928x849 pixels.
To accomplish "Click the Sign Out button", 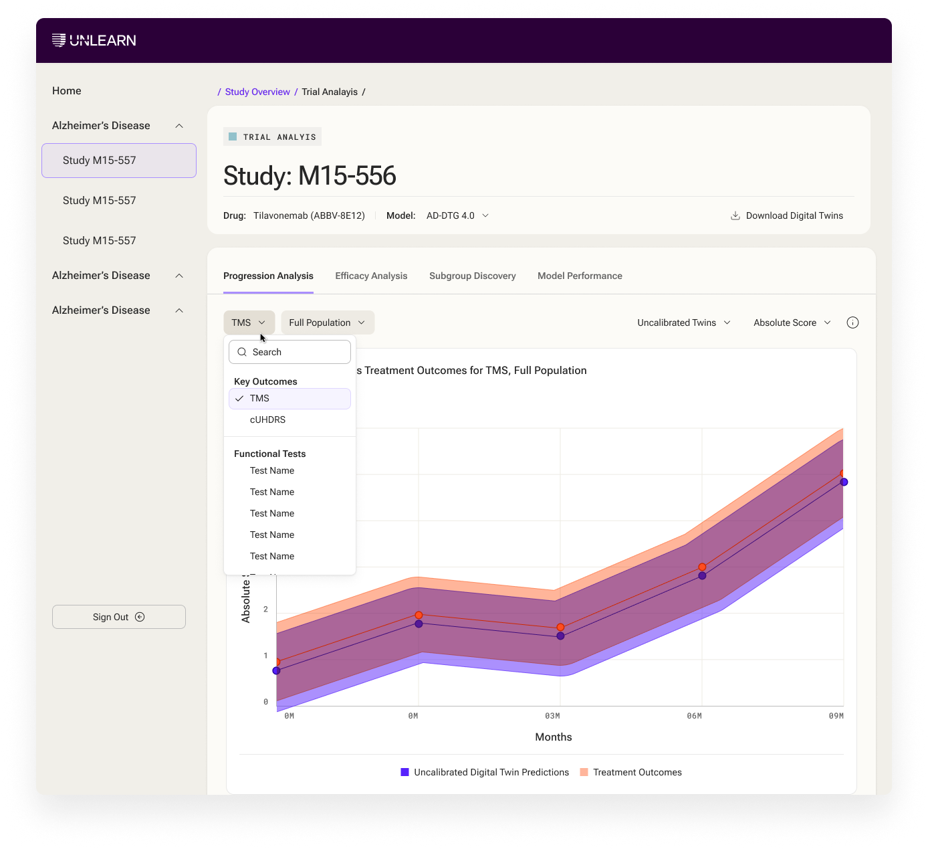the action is coord(118,617).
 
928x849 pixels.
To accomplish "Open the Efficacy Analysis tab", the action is coord(371,276).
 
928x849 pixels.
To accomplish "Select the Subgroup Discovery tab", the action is coord(472,276).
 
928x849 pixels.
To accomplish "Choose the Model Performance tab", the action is coord(580,276).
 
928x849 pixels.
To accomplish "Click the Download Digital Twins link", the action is coord(786,215).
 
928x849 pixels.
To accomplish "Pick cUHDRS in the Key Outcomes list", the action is coord(267,420).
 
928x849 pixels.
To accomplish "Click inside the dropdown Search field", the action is coord(289,352).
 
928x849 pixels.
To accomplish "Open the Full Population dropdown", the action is coord(328,322).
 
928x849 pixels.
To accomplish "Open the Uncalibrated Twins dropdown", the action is coord(684,322).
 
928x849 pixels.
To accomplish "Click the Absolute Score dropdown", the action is coord(792,322).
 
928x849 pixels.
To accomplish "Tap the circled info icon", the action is coord(852,322).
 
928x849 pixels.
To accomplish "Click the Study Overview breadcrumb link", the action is coord(257,92).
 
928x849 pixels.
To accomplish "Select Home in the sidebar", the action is coord(67,91).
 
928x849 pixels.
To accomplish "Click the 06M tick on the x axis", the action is coord(694,716).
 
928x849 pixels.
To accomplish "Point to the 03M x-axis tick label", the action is coord(552,716).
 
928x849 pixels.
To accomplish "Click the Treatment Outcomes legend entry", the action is coord(630,772).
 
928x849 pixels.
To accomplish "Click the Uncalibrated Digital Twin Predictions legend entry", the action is coord(485,772).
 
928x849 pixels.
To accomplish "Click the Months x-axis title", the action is coord(554,737).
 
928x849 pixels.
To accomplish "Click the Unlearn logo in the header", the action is coord(94,40).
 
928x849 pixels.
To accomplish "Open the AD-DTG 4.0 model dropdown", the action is coord(457,215).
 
